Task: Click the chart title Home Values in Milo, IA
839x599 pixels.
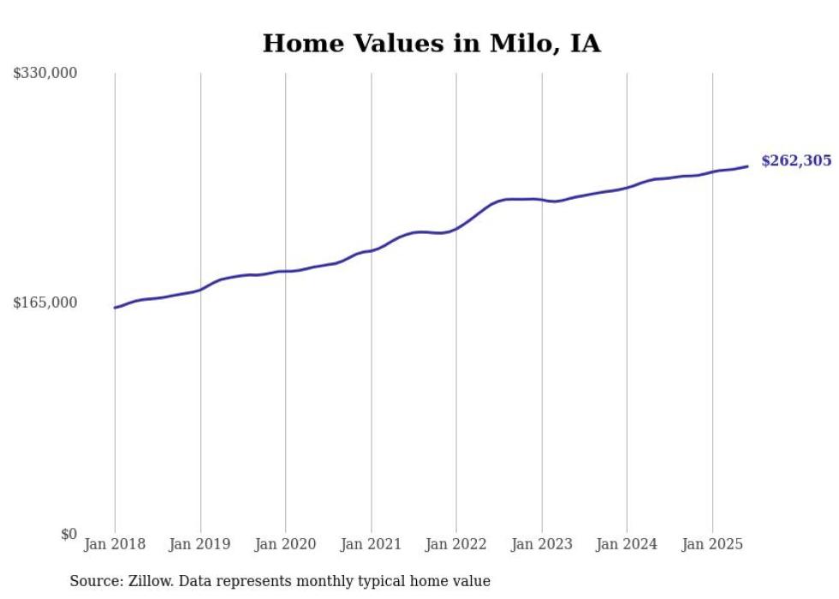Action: click(431, 44)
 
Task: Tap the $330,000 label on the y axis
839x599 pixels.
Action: click(45, 74)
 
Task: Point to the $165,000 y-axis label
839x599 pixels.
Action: click(45, 302)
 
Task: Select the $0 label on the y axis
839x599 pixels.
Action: click(68, 534)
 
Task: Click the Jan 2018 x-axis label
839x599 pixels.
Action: click(115, 544)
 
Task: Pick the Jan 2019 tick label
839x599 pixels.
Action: click(200, 544)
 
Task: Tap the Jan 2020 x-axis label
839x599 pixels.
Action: click(286, 544)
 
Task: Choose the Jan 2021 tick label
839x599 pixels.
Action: click(371, 544)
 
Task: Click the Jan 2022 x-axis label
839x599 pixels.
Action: click(456, 544)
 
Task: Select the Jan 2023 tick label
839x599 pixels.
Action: click(542, 544)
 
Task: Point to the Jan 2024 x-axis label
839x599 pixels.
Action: click(627, 544)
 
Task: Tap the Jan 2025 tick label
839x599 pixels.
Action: click(712, 544)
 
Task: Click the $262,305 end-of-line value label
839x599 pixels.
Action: click(795, 160)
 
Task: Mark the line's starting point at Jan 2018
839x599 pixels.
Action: click(115, 308)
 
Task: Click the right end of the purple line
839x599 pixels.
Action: click(747, 166)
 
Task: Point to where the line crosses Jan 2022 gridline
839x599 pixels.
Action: click(456, 229)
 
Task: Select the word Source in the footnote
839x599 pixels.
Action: click(93, 581)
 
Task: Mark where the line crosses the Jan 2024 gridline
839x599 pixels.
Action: click(627, 188)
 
